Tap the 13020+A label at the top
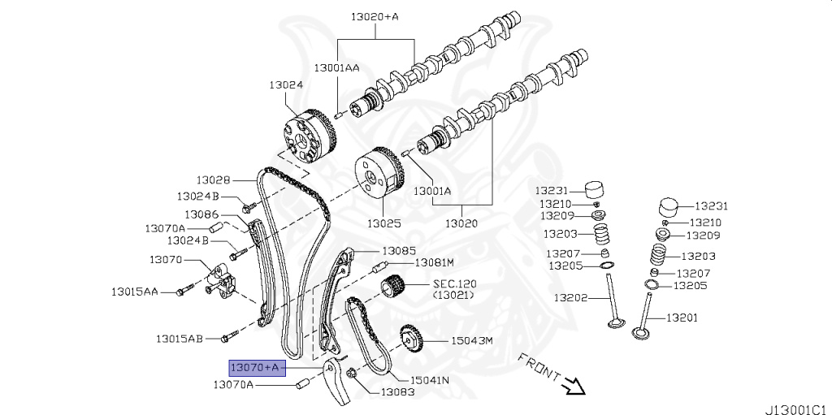pyautogui.click(x=375, y=16)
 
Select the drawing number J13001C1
pyautogui.click(x=796, y=401)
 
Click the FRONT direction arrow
pyautogui.click(x=574, y=383)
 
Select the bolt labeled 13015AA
pyautogui.click(x=184, y=287)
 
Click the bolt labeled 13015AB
pyautogui.click(x=227, y=334)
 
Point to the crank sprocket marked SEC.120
pyautogui.click(x=393, y=288)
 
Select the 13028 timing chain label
pyautogui.click(x=214, y=179)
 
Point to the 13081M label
pyautogui.click(x=433, y=262)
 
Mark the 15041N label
pyautogui.click(x=430, y=379)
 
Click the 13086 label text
pyautogui.click(x=201, y=214)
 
